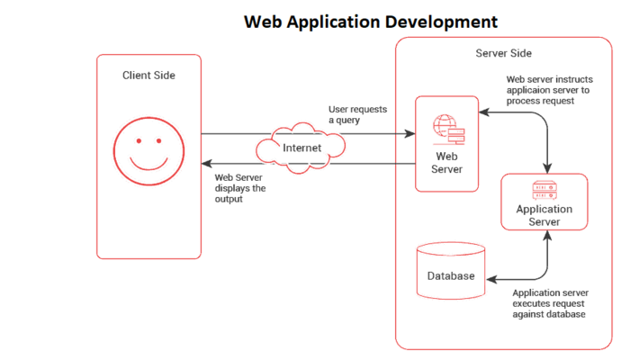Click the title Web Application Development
pyautogui.click(x=370, y=20)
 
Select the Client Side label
pyautogui.click(x=149, y=76)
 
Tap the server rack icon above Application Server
pyautogui.click(x=544, y=189)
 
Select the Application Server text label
pyautogui.click(x=544, y=216)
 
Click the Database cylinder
pyautogui.click(x=451, y=271)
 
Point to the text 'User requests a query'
pyautogui.click(x=357, y=114)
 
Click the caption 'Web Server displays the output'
pyautogui.click(x=240, y=188)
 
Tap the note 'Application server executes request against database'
pyautogui.click(x=549, y=303)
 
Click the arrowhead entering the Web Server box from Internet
pyautogui.click(x=409, y=134)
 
